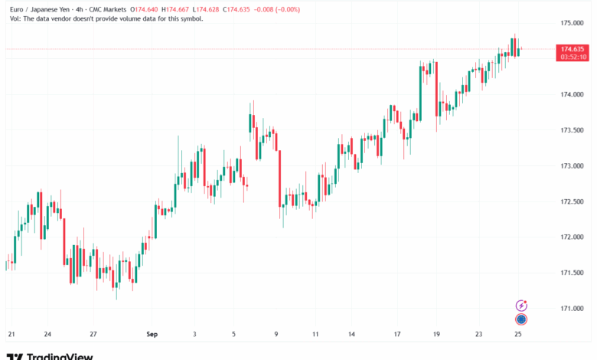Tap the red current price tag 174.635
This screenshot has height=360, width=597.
pos(573,49)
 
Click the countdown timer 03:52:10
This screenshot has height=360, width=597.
pos(573,57)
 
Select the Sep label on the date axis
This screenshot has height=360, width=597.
pos(151,335)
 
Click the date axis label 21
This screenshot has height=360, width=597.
pos(11,335)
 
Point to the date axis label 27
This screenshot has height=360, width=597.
pos(93,335)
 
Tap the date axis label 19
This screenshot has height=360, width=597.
pos(436,335)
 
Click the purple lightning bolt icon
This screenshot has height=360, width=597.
pos(521,305)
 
